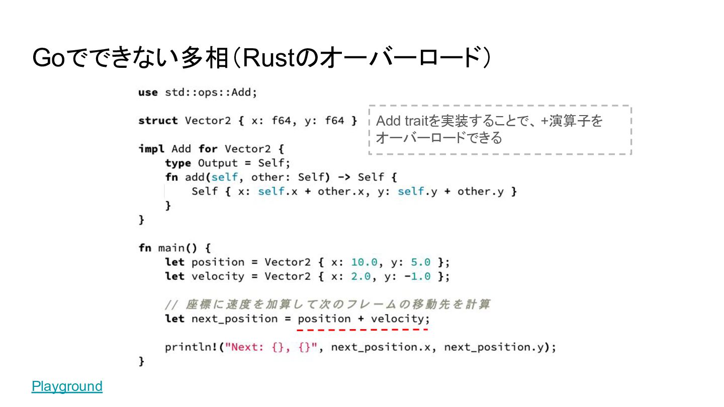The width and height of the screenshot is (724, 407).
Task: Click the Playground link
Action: tap(67, 386)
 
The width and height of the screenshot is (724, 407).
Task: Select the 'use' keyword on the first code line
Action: tap(148, 92)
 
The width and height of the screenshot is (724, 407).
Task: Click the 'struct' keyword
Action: tap(158, 121)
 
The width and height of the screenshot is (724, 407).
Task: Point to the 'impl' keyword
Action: tap(151, 149)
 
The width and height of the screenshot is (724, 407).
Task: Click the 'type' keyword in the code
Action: tap(178, 163)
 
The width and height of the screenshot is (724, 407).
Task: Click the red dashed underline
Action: tap(362, 330)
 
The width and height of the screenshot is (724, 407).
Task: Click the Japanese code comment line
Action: tap(327, 304)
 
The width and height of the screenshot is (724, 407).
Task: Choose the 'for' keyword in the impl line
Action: tap(208, 149)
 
